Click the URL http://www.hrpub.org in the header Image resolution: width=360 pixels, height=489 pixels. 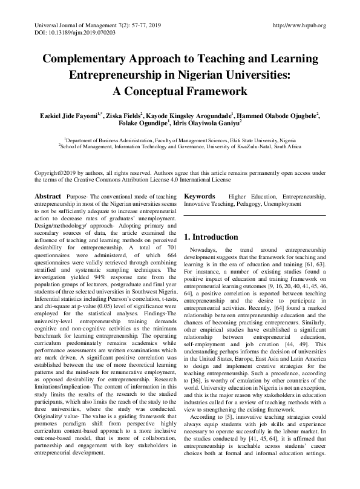click(x=299, y=25)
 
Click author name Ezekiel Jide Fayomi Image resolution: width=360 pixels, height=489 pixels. click(x=57, y=115)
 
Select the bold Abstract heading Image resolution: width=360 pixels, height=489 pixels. click(x=47, y=197)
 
